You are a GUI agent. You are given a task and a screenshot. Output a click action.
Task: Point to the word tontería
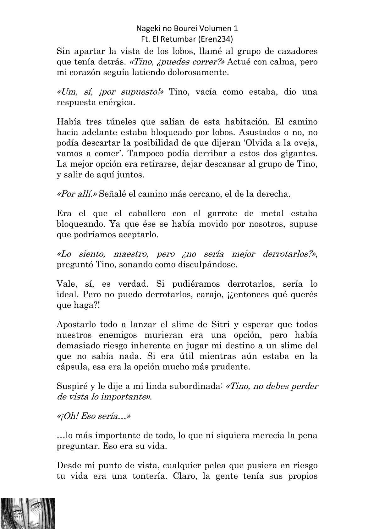144,476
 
